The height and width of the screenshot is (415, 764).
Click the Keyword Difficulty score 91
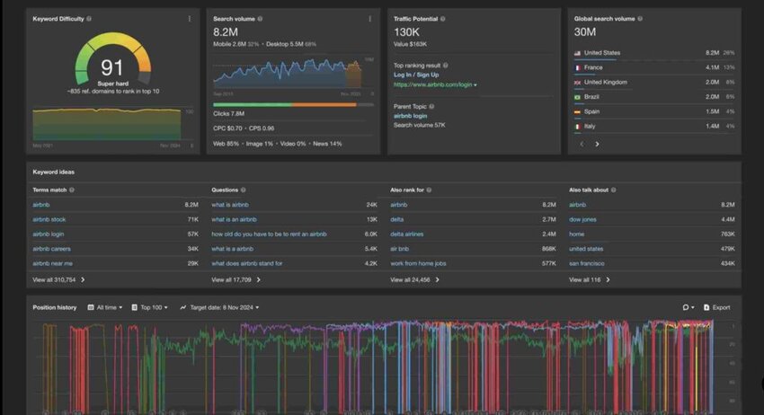point(111,68)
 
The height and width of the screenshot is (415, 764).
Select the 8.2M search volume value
point(226,31)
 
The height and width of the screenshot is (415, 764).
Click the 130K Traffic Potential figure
point(407,31)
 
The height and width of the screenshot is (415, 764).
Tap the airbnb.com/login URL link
point(433,84)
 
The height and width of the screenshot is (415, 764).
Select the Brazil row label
point(592,97)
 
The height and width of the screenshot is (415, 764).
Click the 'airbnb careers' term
point(51,249)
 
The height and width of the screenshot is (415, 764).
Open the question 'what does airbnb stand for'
point(246,263)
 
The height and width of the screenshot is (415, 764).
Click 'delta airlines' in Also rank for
point(406,234)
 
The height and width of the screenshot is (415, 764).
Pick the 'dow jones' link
point(582,219)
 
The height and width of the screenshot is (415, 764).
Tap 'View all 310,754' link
point(55,279)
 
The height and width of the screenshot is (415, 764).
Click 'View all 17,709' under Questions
point(232,279)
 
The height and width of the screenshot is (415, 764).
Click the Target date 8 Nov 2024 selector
point(223,307)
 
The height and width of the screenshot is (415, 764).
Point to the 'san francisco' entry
point(587,263)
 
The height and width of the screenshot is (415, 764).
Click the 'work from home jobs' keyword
point(418,263)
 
